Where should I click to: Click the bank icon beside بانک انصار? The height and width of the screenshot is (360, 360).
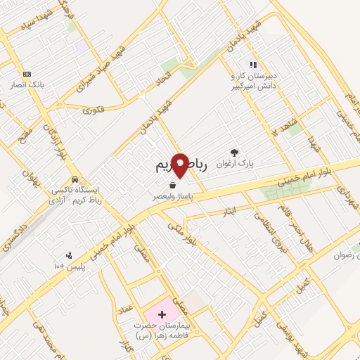tap(27, 74)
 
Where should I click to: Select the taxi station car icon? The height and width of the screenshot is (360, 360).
tap(74, 178)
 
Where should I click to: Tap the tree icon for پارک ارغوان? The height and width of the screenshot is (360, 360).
tap(234, 152)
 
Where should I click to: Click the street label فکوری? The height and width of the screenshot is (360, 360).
tap(92, 110)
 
